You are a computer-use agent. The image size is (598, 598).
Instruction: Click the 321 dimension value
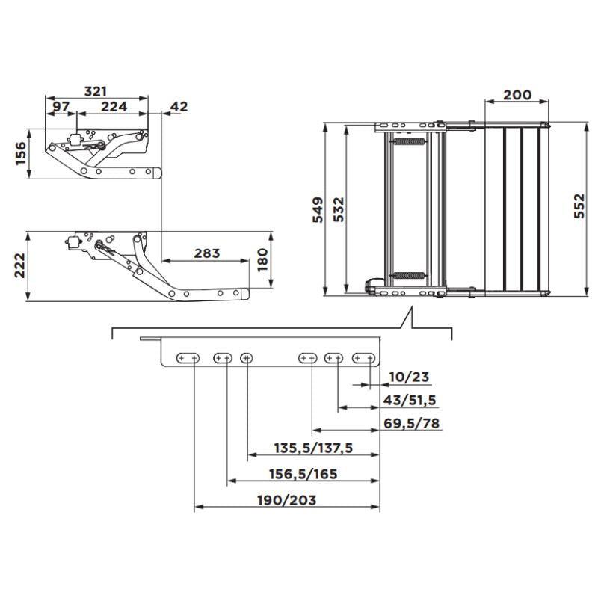point(96,91)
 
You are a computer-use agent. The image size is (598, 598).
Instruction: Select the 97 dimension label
point(61,106)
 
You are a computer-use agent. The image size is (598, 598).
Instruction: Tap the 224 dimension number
point(114,106)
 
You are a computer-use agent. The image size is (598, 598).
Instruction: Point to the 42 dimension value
point(179,106)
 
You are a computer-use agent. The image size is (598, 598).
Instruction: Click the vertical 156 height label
point(21,153)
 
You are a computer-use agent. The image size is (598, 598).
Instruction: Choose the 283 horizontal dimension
point(207,253)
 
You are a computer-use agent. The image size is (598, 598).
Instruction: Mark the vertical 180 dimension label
point(263,260)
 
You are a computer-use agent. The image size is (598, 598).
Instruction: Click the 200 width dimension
point(517,95)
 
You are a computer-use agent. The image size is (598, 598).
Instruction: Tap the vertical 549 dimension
point(318,210)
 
